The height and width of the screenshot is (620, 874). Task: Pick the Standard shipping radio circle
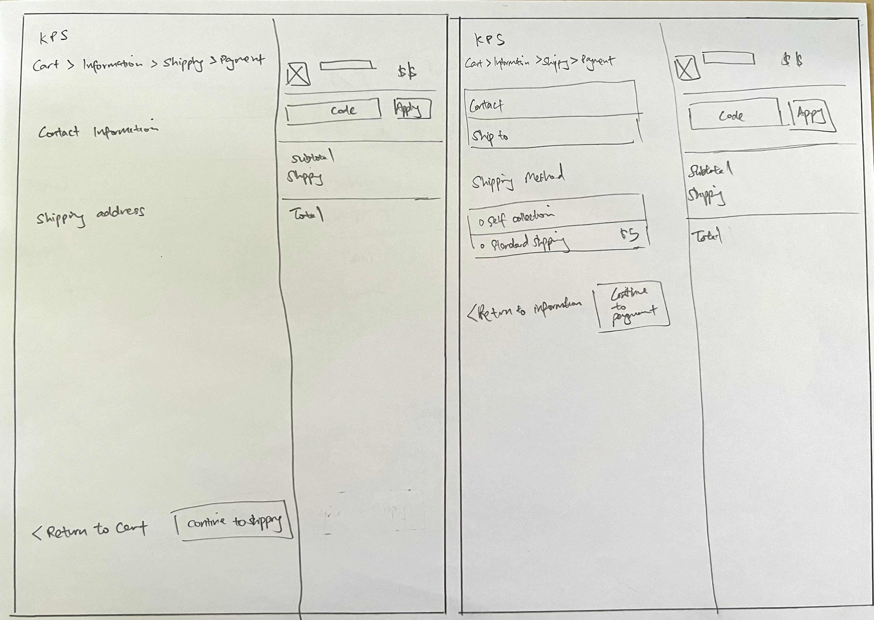tap(482, 246)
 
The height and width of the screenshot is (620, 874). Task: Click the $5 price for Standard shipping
tap(629, 234)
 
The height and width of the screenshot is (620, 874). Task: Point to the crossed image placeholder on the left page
tap(298, 74)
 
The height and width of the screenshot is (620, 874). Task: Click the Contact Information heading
tap(98, 131)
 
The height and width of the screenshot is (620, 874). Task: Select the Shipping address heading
tap(91, 216)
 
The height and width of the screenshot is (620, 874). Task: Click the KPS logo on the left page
tap(54, 37)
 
